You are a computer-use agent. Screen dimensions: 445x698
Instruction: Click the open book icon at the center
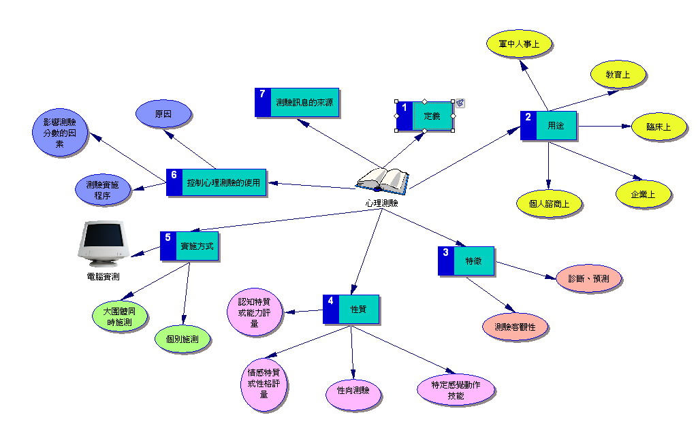(383, 180)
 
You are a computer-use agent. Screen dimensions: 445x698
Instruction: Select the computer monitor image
(104, 244)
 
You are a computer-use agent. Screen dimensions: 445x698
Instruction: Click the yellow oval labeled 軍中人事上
(520, 44)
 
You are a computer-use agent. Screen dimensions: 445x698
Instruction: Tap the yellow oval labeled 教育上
(618, 74)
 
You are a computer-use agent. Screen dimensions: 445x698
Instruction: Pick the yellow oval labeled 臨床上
(657, 127)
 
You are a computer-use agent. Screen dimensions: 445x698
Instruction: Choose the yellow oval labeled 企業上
(643, 194)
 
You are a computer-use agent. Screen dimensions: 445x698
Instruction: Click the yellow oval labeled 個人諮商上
(549, 203)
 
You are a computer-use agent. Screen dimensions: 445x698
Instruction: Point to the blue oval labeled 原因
(163, 115)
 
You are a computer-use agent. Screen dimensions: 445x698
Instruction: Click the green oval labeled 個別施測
(183, 338)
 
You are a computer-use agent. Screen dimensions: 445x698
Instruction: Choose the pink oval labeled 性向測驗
(353, 392)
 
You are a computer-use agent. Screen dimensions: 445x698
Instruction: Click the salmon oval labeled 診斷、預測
(588, 279)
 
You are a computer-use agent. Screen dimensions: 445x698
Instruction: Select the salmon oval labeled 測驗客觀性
(515, 327)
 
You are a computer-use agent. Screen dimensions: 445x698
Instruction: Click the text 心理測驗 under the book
(381, 203)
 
